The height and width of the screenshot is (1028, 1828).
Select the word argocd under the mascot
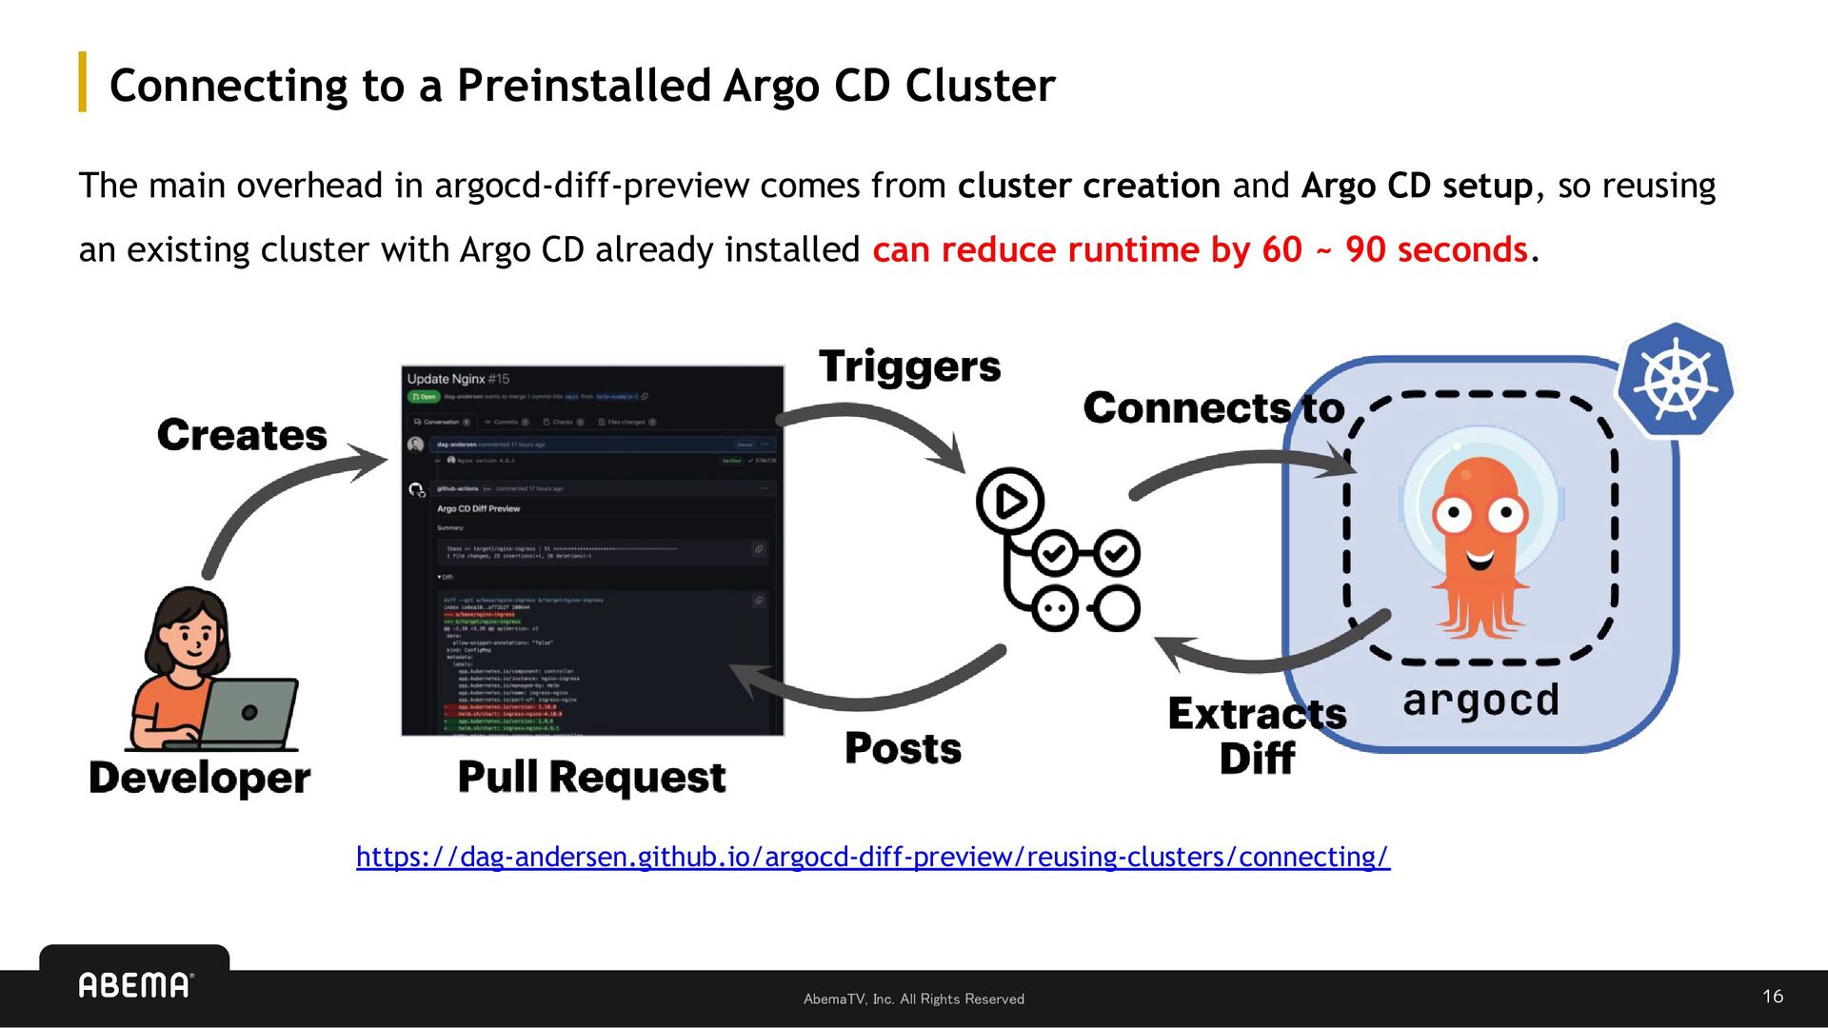coord(1480,701)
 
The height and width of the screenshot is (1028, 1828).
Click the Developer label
coord(199,778)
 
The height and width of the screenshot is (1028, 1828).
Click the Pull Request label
coord(591,778)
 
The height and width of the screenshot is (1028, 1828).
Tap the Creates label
coord(242,435)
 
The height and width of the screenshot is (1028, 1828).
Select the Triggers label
coord(909,366)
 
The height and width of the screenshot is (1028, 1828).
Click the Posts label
coord(903,748)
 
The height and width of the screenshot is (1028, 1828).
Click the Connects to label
coord(1214,408)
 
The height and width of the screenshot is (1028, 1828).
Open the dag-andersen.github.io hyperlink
coord(872,857)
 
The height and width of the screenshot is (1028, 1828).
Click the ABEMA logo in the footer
coord(135,985)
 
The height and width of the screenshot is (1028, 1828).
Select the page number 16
coord(1772,997)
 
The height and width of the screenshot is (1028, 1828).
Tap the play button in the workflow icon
coord(1010,501)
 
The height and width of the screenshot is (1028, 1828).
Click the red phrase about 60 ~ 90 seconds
coord(1200,249)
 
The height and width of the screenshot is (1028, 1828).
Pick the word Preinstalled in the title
coord(584,86)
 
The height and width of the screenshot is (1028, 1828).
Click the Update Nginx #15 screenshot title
coord(458,379)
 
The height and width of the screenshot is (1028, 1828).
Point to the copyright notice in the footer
coord(913,998)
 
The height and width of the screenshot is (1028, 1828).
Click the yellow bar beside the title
coord(83,82)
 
